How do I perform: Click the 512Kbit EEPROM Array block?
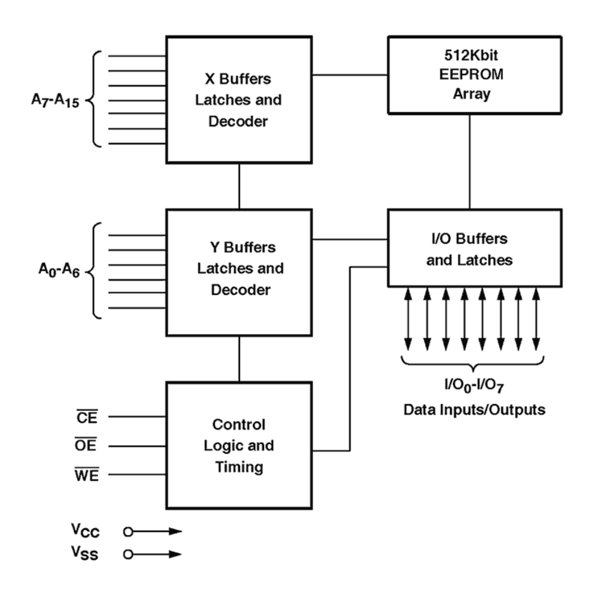(474, 75)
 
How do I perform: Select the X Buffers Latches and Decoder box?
(239, 100)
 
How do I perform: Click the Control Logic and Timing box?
(239, 445)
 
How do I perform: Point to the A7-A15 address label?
(55, 100)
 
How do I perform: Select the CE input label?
(87, 417)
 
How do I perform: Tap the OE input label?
(86, 445)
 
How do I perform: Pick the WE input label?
(87, 475)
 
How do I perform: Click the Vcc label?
(85, 530)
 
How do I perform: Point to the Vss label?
(85, 553)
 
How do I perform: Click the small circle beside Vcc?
(128, 532)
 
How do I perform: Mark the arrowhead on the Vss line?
(176, 554)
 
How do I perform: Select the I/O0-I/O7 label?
(474, 385)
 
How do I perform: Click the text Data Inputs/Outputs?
(474, 410)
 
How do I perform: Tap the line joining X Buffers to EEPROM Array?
(350, 75)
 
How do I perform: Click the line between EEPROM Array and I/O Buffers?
(470, 162)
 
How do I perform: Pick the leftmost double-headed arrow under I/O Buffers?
(408, 319)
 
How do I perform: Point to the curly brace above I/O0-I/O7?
(473, 363)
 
